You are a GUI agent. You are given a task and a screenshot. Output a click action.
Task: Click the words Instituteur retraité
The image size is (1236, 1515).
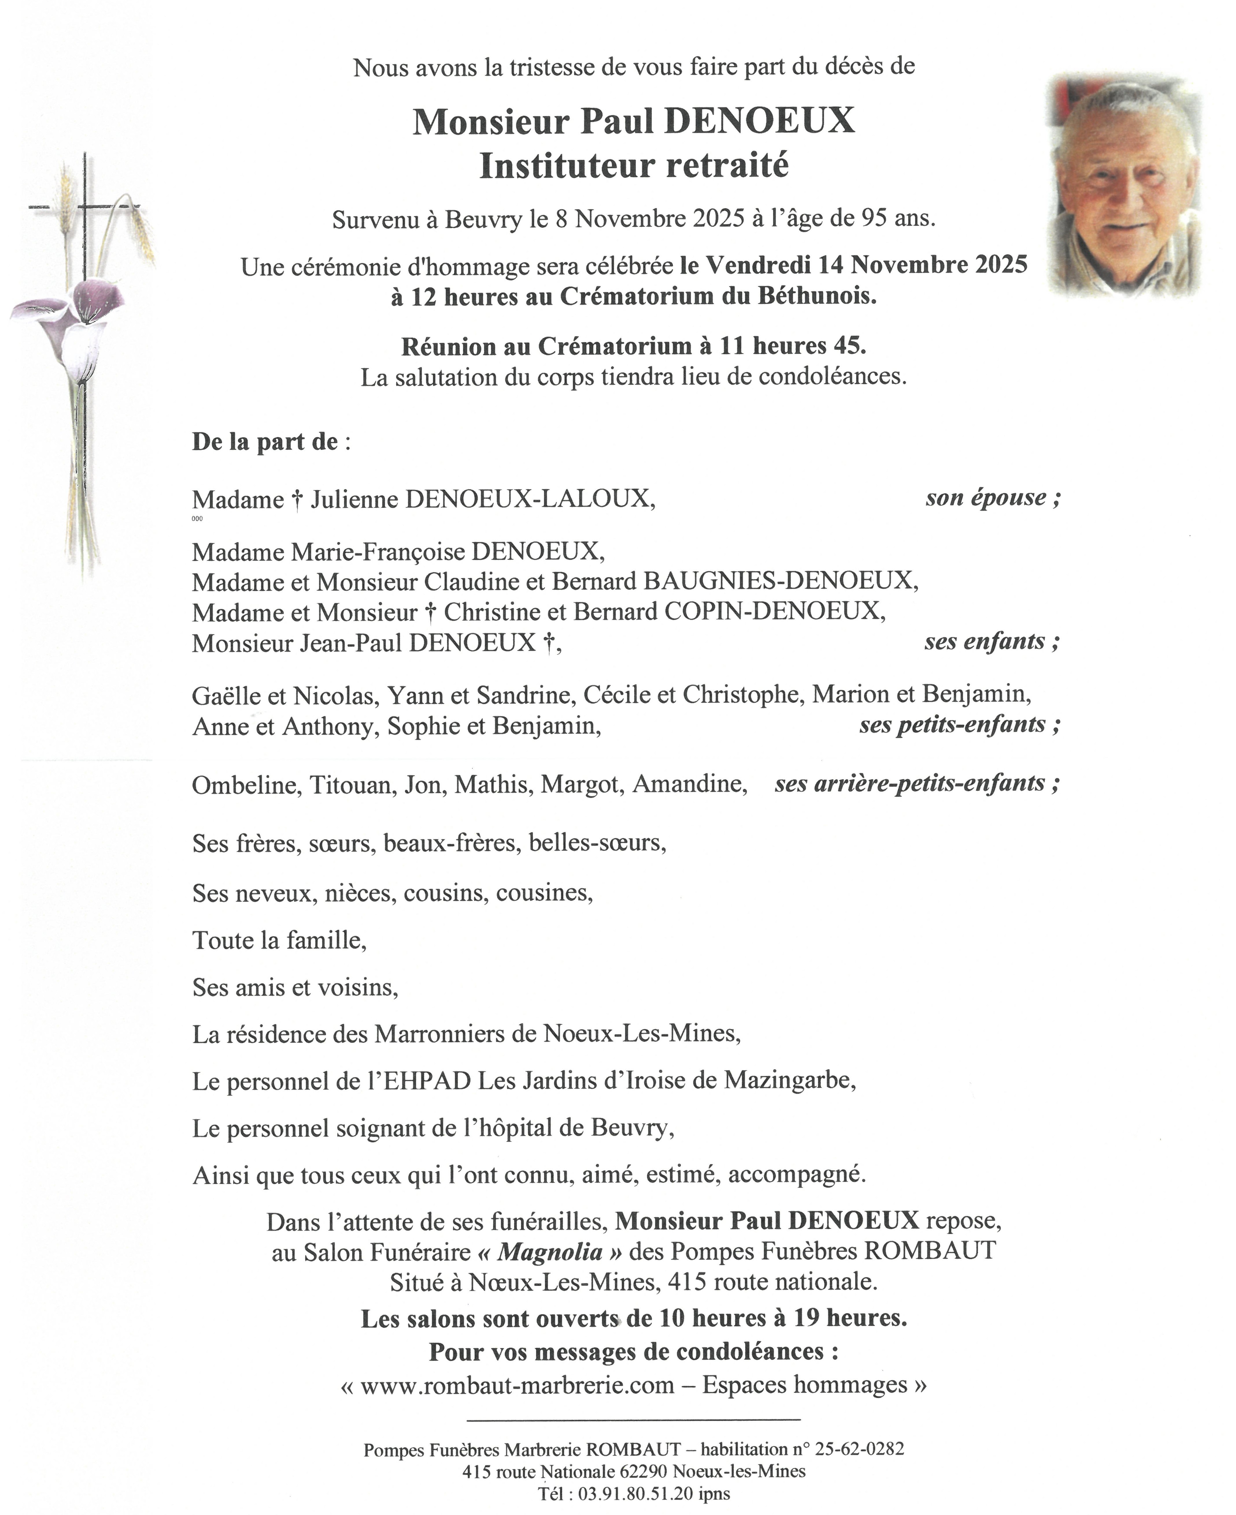click(x=634, y=166)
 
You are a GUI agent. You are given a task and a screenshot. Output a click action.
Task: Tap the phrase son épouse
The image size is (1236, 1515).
click(x=992, y=497)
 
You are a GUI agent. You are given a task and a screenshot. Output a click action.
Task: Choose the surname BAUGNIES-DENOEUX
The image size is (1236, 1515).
click(x=780, y=581)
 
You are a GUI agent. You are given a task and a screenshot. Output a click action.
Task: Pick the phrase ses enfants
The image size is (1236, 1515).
click(x=991, y=642)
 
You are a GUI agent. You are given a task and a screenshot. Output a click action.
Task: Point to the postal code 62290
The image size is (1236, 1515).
click(x=642, y=1471)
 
